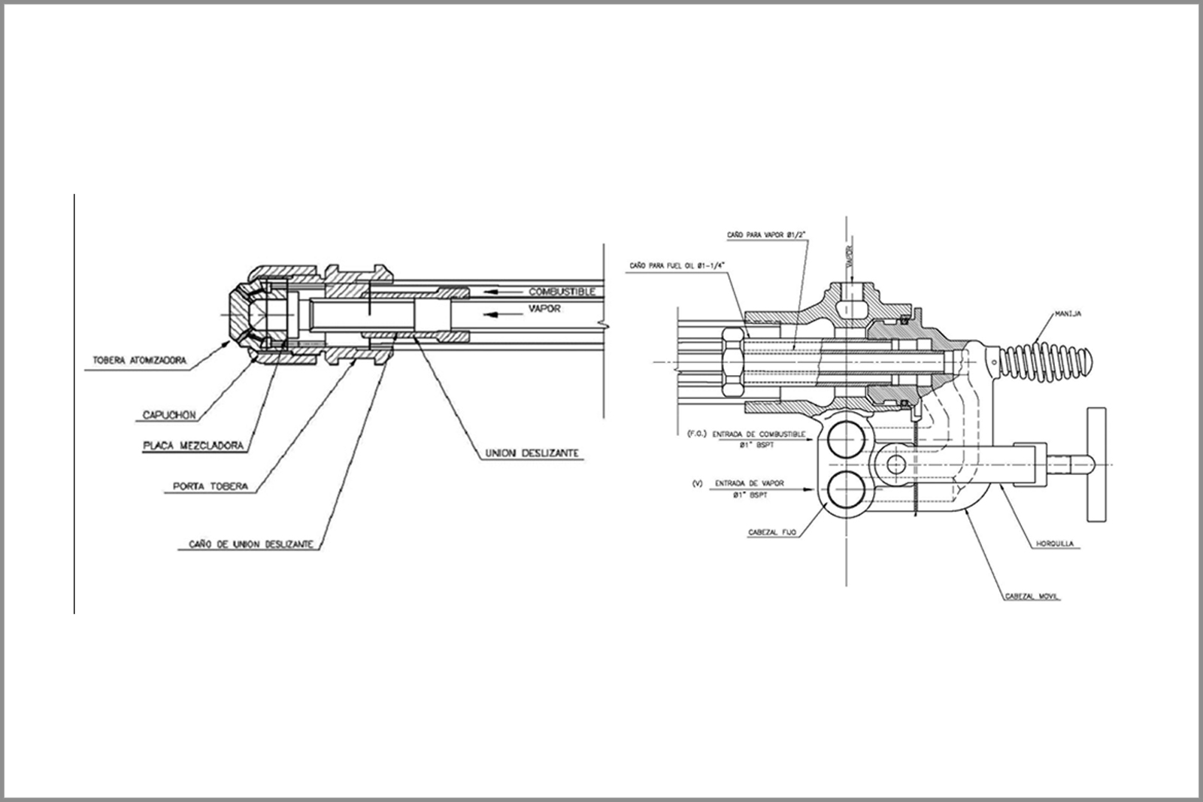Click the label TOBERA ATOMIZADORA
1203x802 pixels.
(138, 360)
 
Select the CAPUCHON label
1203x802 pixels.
(168, 415)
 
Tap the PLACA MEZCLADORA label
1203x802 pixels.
(193, 446)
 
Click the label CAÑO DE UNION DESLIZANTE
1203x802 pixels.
(246, 543)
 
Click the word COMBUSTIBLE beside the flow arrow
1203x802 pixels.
(562, 291)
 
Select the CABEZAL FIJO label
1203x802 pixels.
(771, 532)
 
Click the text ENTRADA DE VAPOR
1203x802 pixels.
(749, 483)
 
